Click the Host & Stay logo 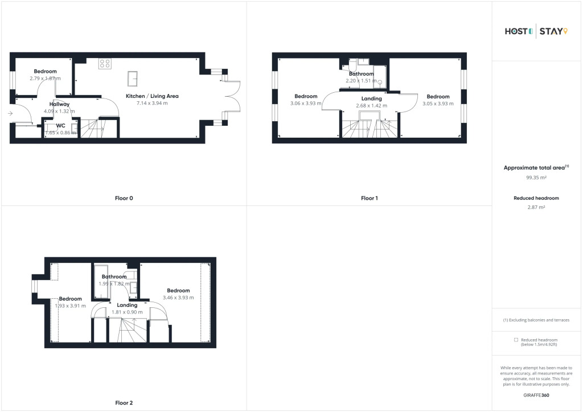point(536,31)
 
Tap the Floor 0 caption point(124,199)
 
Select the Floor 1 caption point(369,199)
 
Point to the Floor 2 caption point(124,403)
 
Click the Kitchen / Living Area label point(152,96)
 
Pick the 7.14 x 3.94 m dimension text point(152,103)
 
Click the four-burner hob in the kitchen point(105,64)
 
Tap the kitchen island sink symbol point(133,79)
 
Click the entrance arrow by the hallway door point(10,113)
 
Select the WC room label point(60,126)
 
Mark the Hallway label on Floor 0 point(59,104)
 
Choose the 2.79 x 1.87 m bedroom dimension point(45,79)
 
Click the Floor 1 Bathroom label point(362,74)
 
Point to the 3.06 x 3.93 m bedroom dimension point(306,103)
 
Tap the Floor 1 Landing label point(371,99)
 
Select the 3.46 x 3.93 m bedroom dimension point(178,298)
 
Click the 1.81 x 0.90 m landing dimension point(127,312)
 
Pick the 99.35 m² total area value point(536,178)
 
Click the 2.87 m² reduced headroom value point(536,207)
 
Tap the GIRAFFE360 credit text point(536,395)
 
